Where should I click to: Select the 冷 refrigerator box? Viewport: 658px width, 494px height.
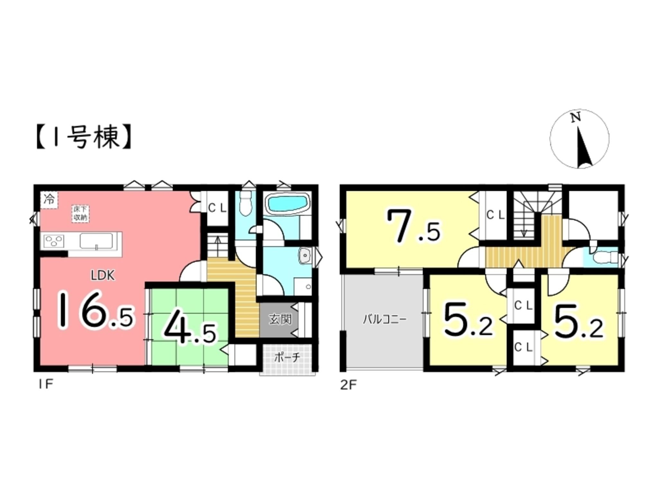tap(49, 200)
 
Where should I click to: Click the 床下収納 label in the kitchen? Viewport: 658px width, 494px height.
tap(80, 214)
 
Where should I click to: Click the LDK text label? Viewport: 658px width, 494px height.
tap(102, 276)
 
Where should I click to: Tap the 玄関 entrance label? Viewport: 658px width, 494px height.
tap(280, 319)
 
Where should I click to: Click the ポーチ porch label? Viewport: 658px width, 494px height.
tap(287, 358)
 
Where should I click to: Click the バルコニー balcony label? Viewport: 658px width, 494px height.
tap(385, 319)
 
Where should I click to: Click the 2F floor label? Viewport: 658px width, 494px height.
tap(348, 385)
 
